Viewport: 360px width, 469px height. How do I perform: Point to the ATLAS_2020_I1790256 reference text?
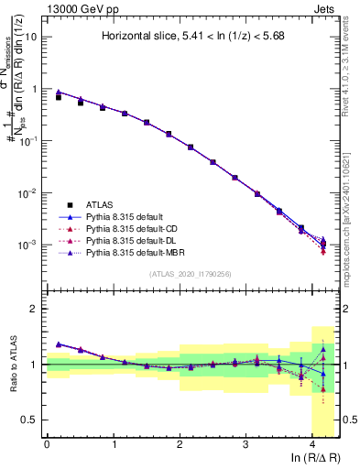(191, 273)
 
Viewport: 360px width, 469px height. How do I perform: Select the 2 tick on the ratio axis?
(36, 309)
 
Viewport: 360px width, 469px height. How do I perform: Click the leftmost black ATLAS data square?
(59, 96)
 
